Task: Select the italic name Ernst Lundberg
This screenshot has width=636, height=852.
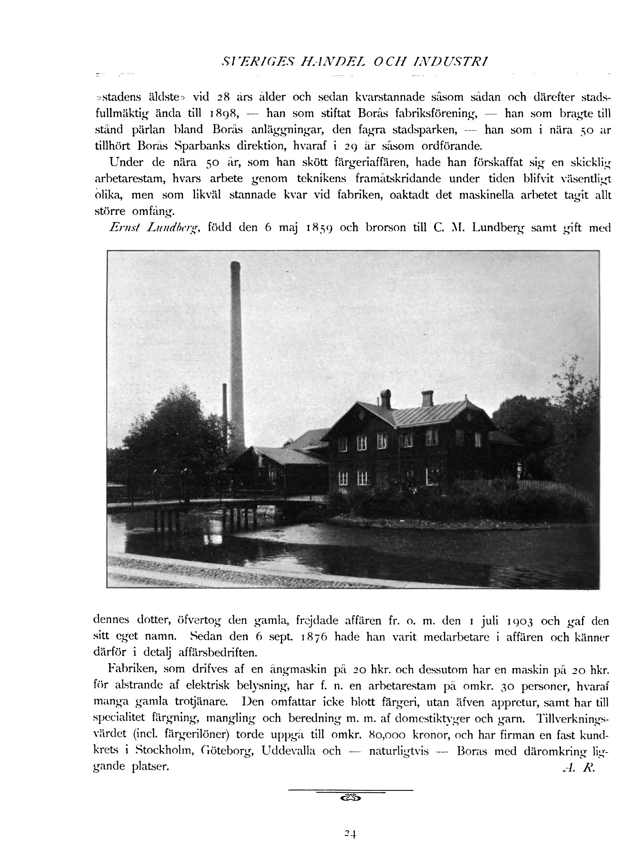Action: (x=154, y=228)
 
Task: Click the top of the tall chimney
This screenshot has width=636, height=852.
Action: (x=235, y=264)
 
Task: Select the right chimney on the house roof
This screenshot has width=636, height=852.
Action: (x=427, y=399)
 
